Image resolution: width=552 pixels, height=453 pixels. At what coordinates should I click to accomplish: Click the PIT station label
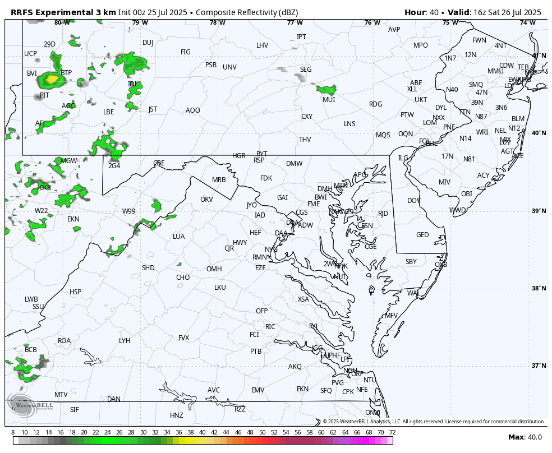click(x=44, y=95)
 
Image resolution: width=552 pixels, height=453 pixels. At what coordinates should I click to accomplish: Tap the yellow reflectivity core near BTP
click(x=51, y=80)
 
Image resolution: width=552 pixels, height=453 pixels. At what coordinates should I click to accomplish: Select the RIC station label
click(x=270, y=327)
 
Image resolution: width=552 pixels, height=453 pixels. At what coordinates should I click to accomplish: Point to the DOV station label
click(x=414, y=201)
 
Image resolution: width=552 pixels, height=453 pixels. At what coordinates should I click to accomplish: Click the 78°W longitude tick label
click(x=217, y=23)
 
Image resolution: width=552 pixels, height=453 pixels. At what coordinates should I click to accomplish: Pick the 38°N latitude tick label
click(x=539, y=289)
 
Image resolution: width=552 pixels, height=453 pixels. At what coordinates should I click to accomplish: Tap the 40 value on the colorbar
click(x=202, y=432)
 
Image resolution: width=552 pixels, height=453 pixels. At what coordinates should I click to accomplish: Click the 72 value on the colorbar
click(x=392, y=432)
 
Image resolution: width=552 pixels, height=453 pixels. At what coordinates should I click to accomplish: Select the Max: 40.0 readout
click(x=525, y=437)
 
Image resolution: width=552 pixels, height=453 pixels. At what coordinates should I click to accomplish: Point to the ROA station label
click(x=65, y=341)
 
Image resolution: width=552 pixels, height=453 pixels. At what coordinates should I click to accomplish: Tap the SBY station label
click(x=411, y=262)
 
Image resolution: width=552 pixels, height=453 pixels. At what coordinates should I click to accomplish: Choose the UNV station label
click(x=229, y=67)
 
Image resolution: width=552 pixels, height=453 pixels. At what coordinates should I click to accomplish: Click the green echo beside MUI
click(x=326, y=89)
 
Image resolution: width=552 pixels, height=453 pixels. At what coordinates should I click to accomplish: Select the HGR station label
click(x=239, y=156)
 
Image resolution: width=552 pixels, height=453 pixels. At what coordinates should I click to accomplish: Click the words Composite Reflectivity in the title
click(x=232, y=12)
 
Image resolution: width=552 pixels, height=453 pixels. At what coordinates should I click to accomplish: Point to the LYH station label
click(x=125, y=341)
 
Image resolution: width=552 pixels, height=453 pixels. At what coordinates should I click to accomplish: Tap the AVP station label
click(x=394, y=30)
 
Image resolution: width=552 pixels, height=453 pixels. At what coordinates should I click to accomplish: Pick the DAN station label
click(x=114, y=399)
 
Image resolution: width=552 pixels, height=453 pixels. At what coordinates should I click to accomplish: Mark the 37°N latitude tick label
click(x=539, y=366)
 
